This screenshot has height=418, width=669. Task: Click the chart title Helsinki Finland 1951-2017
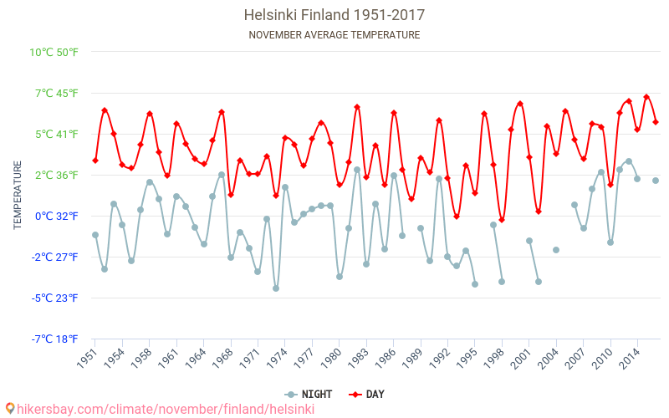(x=334, y=15)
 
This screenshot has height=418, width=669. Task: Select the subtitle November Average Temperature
(x=334, y=35)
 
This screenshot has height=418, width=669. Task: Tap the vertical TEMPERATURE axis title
(x=18, y=196)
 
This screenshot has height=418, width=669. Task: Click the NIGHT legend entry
(x=309, y=394)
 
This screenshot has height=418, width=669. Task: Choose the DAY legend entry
(x=367, y=394)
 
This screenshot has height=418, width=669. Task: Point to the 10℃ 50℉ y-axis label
(x=54, y=52)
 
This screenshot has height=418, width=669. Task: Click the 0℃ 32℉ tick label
(x=56, y=216)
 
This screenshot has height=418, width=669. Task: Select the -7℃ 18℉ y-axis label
(x=54, y=339)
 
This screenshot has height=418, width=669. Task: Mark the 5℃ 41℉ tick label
(x=56, y=134)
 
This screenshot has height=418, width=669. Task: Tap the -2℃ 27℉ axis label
(x=54, y=257)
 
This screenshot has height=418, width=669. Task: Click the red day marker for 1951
(x=95, y=161)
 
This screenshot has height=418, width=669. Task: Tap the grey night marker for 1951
(x=95, y=235)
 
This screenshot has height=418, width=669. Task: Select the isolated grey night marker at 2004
(x=556, y=250)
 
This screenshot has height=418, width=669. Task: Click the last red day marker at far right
(x=656, y=122)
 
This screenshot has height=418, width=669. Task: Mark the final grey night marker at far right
(x=656, y=181)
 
